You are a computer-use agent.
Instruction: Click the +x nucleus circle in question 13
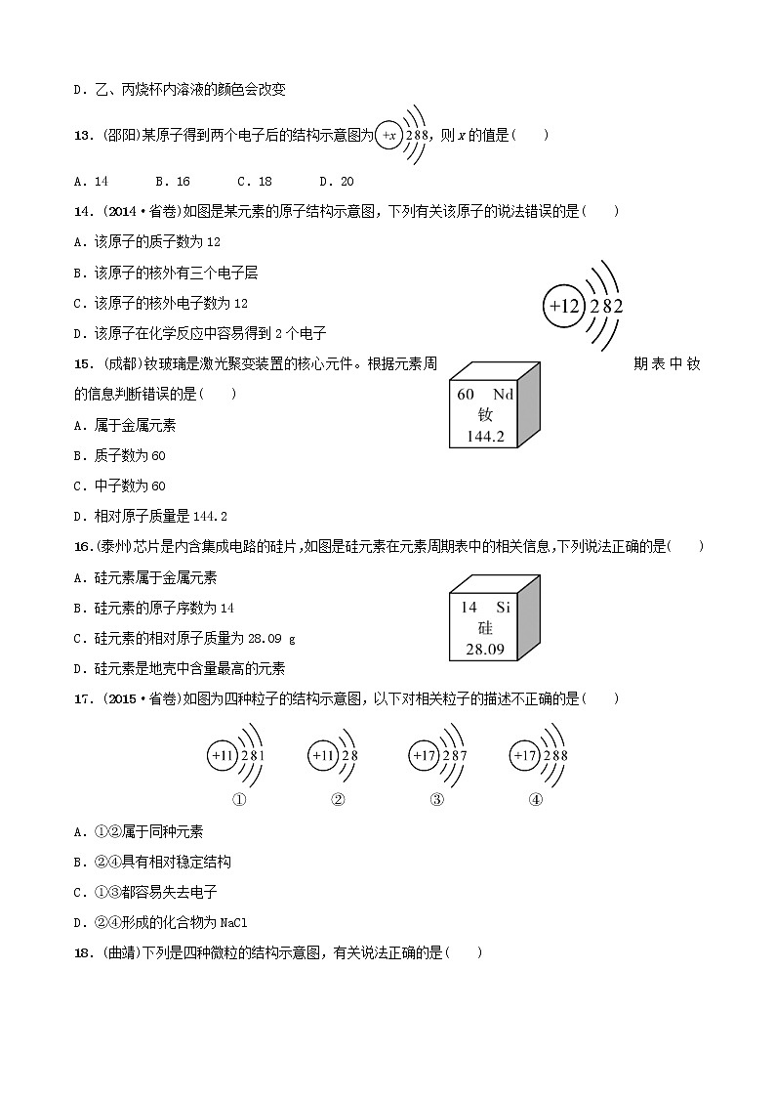(389, 136)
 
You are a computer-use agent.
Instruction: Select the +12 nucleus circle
(565, 307)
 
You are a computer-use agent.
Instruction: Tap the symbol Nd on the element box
(503, 395)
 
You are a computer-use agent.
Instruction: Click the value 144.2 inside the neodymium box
(485, 437)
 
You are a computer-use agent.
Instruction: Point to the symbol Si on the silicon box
(503, 607)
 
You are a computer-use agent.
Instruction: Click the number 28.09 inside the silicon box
(485, 649)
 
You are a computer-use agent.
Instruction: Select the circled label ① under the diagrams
(236, 799)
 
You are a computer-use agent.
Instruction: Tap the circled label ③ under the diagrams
(437, 799)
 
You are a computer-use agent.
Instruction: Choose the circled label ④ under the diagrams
(536, 799)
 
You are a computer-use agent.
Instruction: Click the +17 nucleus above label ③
(424, 755)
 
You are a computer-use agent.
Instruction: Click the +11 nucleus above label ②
(322, 755)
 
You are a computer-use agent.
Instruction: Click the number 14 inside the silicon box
(469, 607)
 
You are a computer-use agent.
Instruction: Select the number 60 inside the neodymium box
(466, 395)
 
